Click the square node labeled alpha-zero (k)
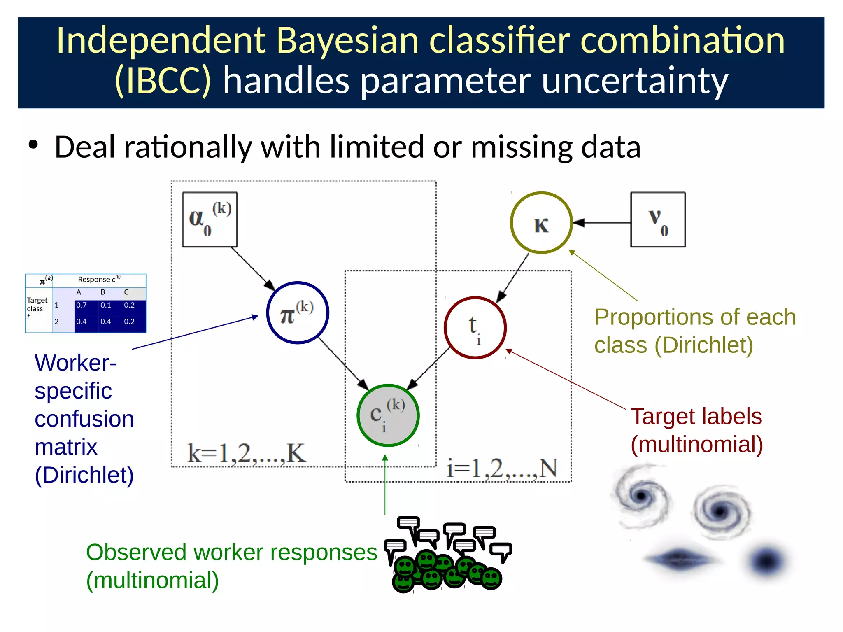[x=210, y=219]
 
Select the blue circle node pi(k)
[x=297, y=313]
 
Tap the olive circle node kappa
[x=541, y=223]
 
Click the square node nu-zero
[x=658, y=219]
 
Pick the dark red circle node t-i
[x=475, y=328]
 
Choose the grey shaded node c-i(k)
[x=388, y=415]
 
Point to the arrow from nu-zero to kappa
[x=601, y=223]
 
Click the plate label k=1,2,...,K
[x=247, y=453]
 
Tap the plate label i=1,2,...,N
[x=502, y=469]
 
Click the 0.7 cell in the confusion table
[x=82, y=305]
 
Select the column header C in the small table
[x=126, y=292]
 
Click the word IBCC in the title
[x=163, y=81]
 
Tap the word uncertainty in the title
[x=635, y=81]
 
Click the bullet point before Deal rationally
[x=33, y=145]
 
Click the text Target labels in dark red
[x=696, y=416]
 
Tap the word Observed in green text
[x=136, y=552]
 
